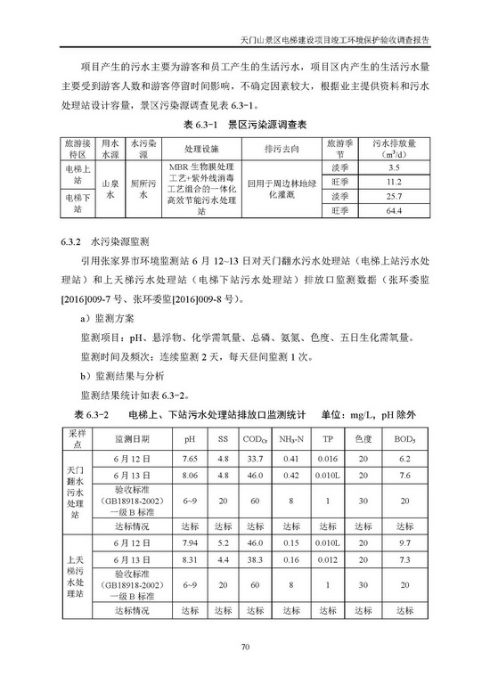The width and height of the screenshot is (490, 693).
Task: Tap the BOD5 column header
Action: pyautogui.click(x=404, y=439)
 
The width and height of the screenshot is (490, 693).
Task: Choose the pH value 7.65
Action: pyautogui.click(x=190, y=459)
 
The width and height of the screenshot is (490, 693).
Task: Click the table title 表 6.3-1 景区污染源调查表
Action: pyautogui.click(x=244, y=125)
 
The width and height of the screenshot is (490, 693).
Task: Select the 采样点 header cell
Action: pyautogui.click(x=76, y=438)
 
